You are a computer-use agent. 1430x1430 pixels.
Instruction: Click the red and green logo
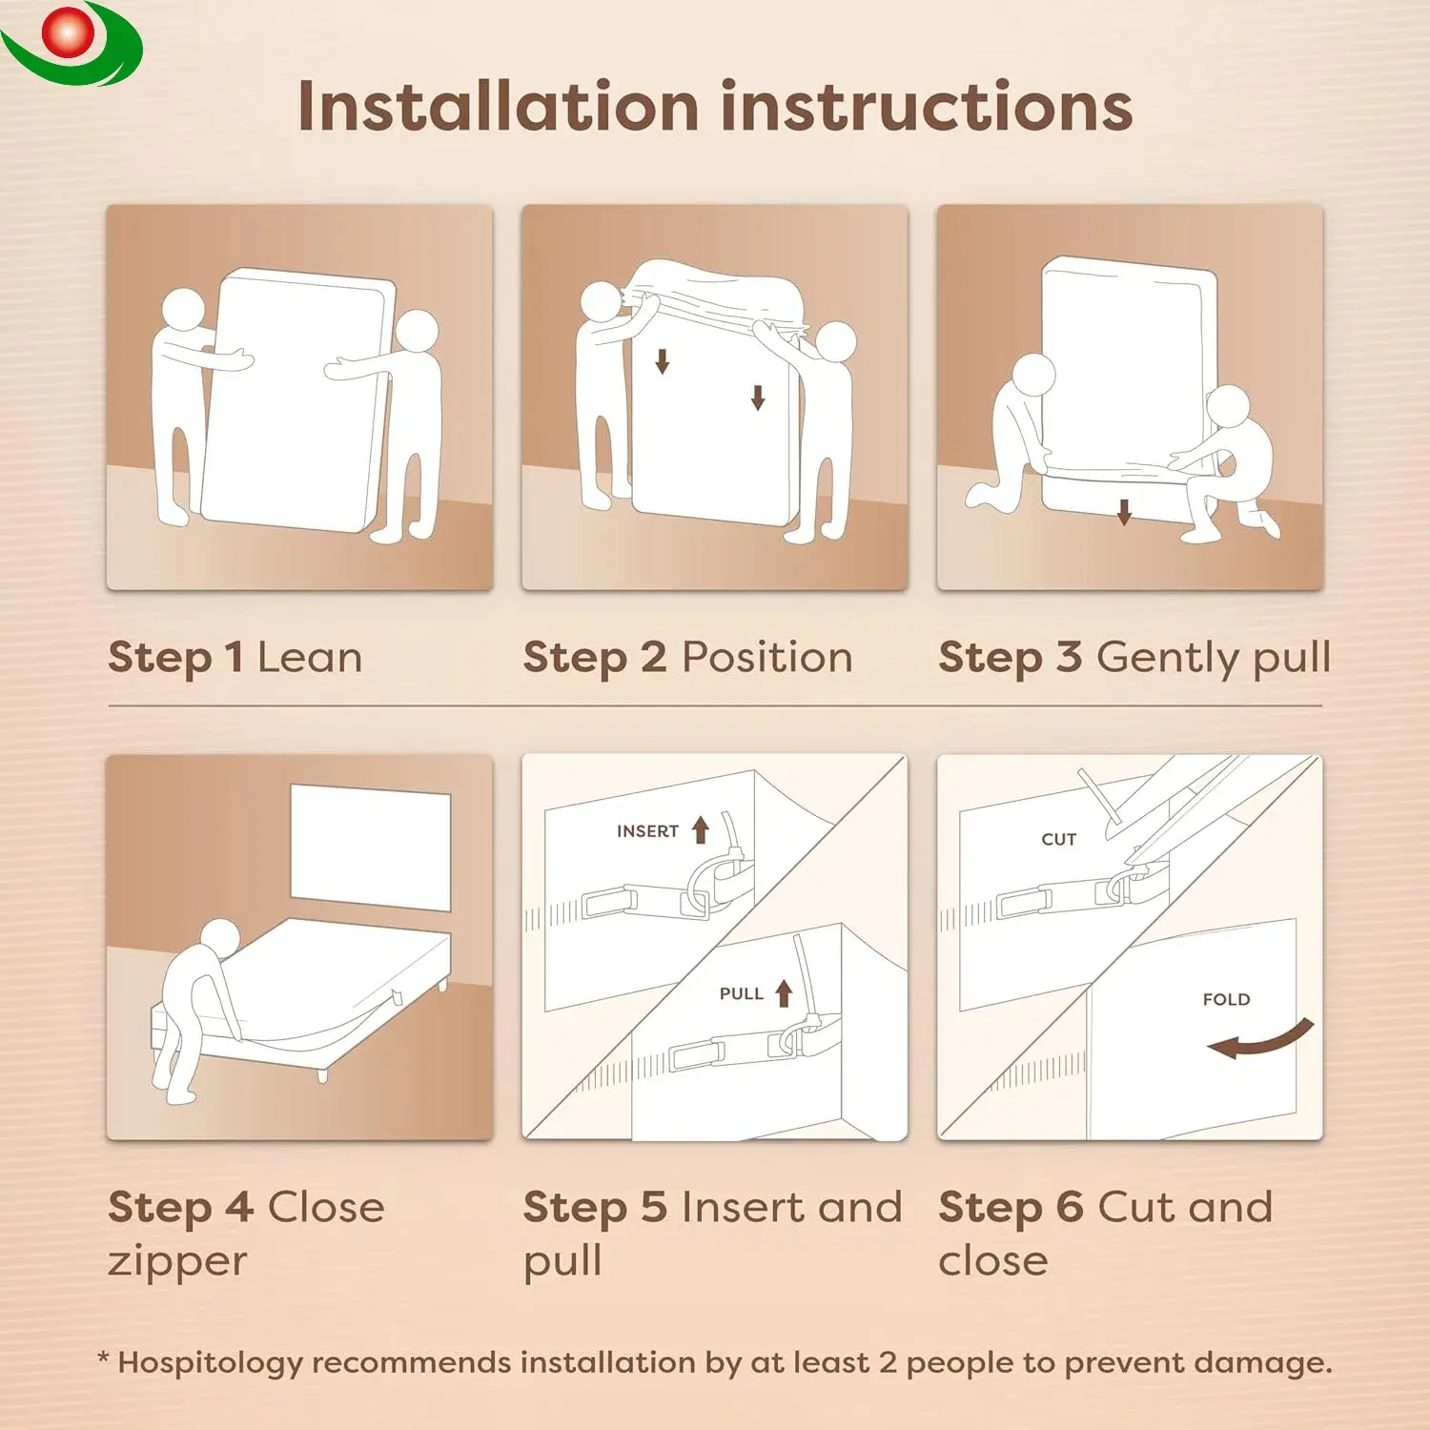pyautogui.click(x=71, y=43)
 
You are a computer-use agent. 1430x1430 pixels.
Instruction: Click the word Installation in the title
pyautogui.click(x=499, y=106)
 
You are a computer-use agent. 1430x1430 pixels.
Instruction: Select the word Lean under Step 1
pyautogui.click(x=310, y=658)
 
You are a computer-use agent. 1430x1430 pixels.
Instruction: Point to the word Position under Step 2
pyautogui.click(x=767, y=658)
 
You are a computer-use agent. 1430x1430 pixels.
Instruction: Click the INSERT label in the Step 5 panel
pyautogui.click(x=647, y=831)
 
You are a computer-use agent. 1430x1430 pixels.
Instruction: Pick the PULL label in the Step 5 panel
pyautogui.click(x=742, y=993)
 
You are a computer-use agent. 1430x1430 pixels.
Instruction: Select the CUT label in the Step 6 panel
pyautogui.click(x=1058, y=839)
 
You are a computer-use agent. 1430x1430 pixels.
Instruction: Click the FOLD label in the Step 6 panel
pyautogui.click(x=1226, y=999)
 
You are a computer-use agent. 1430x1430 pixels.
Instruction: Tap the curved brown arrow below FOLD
pyautogui.click(x=1263, y=1042)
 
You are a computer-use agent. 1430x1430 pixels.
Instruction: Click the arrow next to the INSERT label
pyautogui.click(x=701, y=829)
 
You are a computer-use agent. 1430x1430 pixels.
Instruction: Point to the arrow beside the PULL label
pyautogui.click(x=784, y=993)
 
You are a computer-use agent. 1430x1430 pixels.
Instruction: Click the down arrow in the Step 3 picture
pyautogui.click(x=1124, y=512)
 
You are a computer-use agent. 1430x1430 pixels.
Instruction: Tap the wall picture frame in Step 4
pyautogui.click(x=370, y=848)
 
